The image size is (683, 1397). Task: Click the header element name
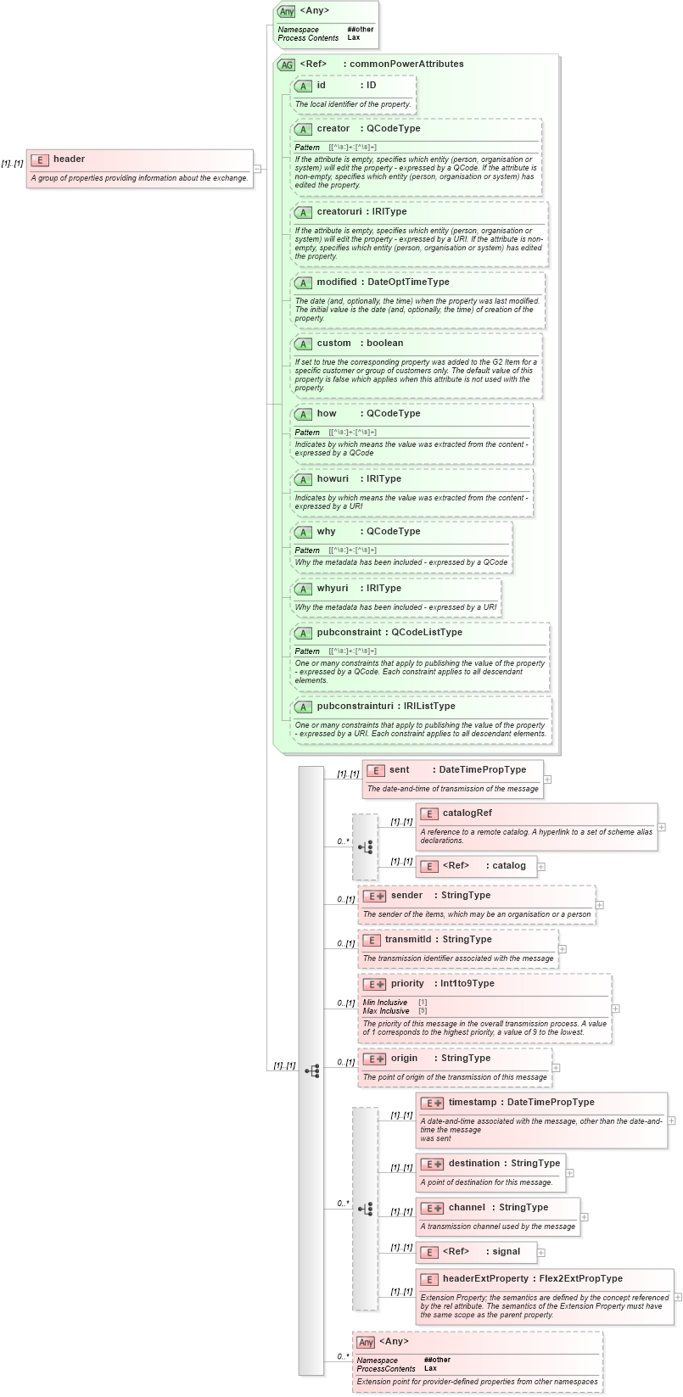[69, 159]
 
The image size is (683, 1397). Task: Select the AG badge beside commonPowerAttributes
[286, 64]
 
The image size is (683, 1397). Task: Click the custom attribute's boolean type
[385, 344]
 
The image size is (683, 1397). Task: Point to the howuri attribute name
[333, 479]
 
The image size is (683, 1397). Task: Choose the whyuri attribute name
[333, 589]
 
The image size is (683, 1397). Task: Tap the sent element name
[399, 770]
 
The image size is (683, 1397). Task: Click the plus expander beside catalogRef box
[662, 827]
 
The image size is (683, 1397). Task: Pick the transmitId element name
[408, 940]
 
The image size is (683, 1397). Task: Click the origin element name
[404, 1059]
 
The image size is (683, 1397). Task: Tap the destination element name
[474, 1164]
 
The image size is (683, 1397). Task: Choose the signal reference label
[507, 1252]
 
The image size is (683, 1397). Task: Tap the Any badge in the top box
[287, 12]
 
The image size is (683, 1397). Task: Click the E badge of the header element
[39, 159]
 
